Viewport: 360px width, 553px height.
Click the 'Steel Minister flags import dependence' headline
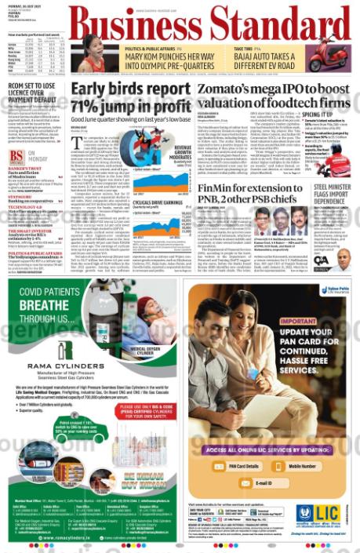pos(331,198)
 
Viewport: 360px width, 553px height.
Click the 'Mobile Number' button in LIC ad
pos(301,466)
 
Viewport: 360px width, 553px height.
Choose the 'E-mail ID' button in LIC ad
pos(267,484)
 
